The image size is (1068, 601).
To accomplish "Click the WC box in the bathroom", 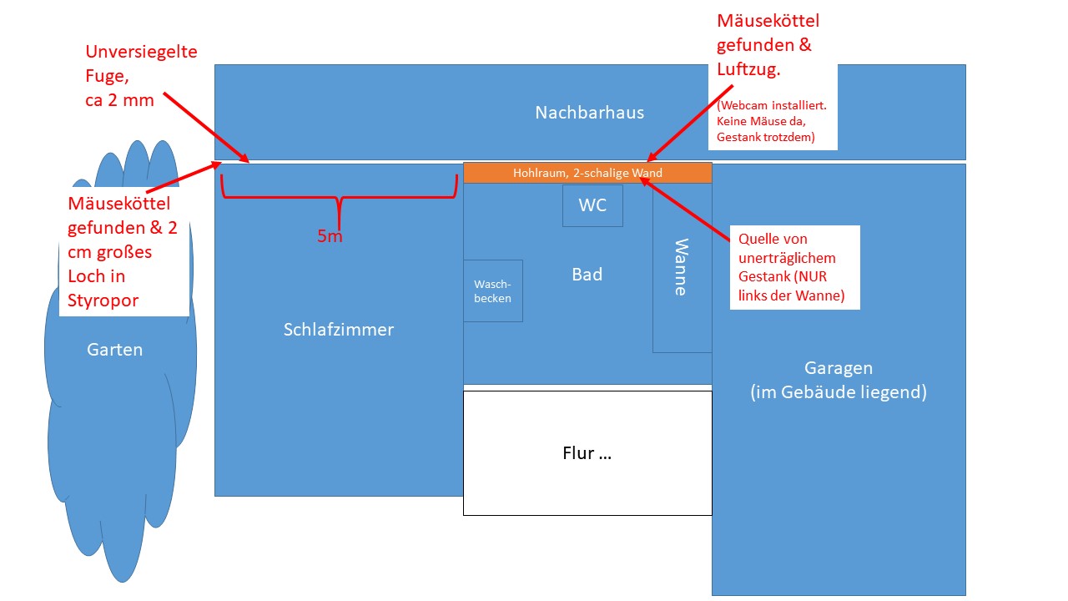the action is (x=592, y=205).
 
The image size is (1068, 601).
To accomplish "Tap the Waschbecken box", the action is (x=493, y=290).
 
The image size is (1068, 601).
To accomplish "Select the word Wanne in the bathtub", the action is (x=682, y=267).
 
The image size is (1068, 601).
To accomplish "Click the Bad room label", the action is (x=587, y=275).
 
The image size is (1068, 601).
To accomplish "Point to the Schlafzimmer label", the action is (x=339, y=329).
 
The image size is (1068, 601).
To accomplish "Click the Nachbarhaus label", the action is (x=589, y=113).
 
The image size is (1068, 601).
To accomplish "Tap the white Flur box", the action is (x=587, y=453).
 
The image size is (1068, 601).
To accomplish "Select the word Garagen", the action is (x=839, y=368).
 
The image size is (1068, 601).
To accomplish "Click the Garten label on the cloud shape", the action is (x=114, y=350).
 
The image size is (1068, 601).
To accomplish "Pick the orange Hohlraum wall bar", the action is (x=587, y=173).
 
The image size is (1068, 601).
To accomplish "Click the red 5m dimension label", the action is (x=330, y=235).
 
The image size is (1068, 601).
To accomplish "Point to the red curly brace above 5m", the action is (x=339, y=196).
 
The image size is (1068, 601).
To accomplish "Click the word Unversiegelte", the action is (x=141, y=52).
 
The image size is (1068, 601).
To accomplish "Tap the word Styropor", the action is (x=103, y=300).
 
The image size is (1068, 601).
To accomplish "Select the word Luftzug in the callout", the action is (x=748, y=69).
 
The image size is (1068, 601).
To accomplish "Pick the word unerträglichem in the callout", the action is (x=787, y=258).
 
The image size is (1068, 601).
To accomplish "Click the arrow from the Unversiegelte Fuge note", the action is (x=206, y=128).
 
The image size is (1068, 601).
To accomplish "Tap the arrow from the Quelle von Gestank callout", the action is (x=685, y=209).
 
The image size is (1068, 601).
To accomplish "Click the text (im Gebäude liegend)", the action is (x=839, y=392).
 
